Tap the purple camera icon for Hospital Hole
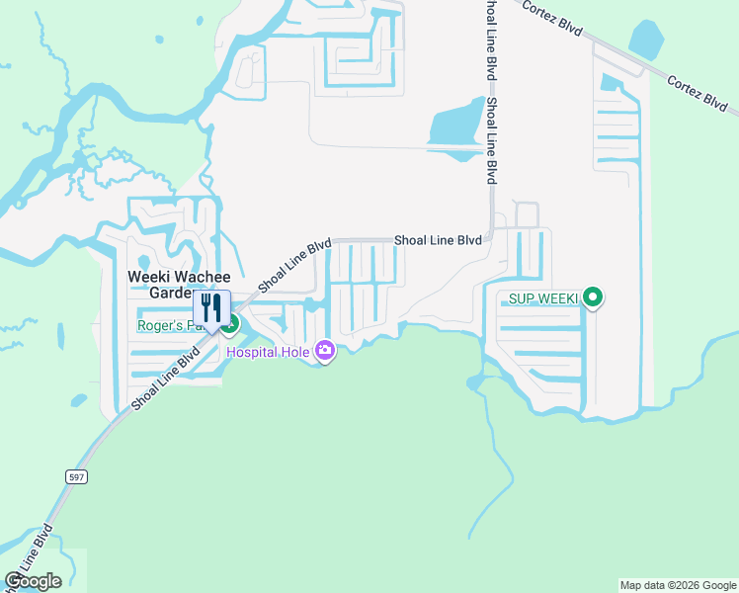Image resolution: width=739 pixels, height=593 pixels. click(x=324, y=351)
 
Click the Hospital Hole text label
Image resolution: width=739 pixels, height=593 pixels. click(x=268, y=351)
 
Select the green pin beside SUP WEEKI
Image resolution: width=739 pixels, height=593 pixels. click(x=593, y=296)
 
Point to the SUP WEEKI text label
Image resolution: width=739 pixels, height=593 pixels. click(x=541, y=297)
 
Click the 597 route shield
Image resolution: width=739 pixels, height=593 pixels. click(x=76, y=476)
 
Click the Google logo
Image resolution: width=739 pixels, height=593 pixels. click(x=33, y=580)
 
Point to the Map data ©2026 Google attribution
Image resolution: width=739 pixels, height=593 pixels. click(x=678, y=585)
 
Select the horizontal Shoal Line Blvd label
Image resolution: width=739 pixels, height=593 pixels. click(x=438, y=240)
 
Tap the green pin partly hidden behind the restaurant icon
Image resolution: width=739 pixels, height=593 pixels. click(x=232, y=323)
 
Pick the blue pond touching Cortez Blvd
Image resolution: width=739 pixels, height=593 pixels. click(x=646, y=42)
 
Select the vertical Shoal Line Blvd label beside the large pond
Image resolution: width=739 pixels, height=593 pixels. click(x=491, y=138)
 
